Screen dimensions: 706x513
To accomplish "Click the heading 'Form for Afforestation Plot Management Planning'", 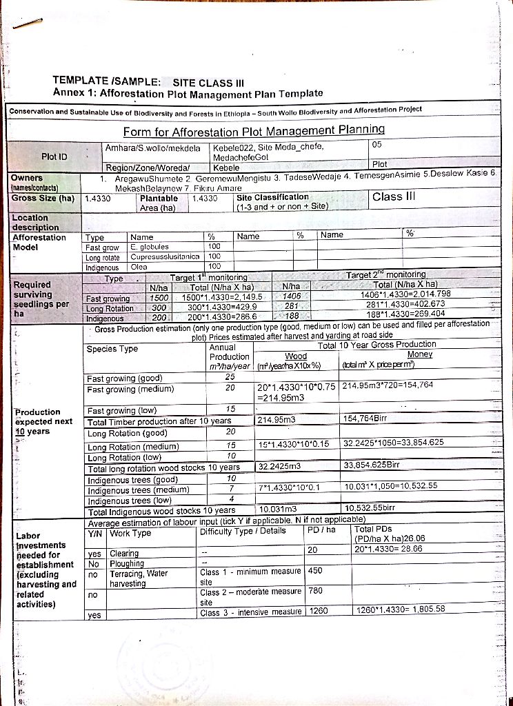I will click(x=254, y=131).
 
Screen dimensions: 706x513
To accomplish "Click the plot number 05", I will click(x=376, y=144).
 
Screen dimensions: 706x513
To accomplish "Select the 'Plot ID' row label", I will click(x=54, y=157).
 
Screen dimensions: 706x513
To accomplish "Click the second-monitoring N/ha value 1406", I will click(x=293, y=295).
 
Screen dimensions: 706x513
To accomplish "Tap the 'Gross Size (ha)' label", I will click(x=43, y=198).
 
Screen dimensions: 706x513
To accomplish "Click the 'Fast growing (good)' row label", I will click(x=125, y=378).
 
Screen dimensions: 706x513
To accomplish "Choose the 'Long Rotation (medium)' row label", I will click(x=132, y=447).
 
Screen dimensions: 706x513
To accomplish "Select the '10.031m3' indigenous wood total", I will click(x=277, y=510).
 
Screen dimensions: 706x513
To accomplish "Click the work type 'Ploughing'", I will click(x=124, y=563).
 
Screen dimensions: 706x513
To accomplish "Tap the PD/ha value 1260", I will click(x=319, y=610).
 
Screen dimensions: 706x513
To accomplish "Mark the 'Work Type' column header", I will click(x=130, y=533).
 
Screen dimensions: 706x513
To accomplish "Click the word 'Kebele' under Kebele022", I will click(x=226, y=168).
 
